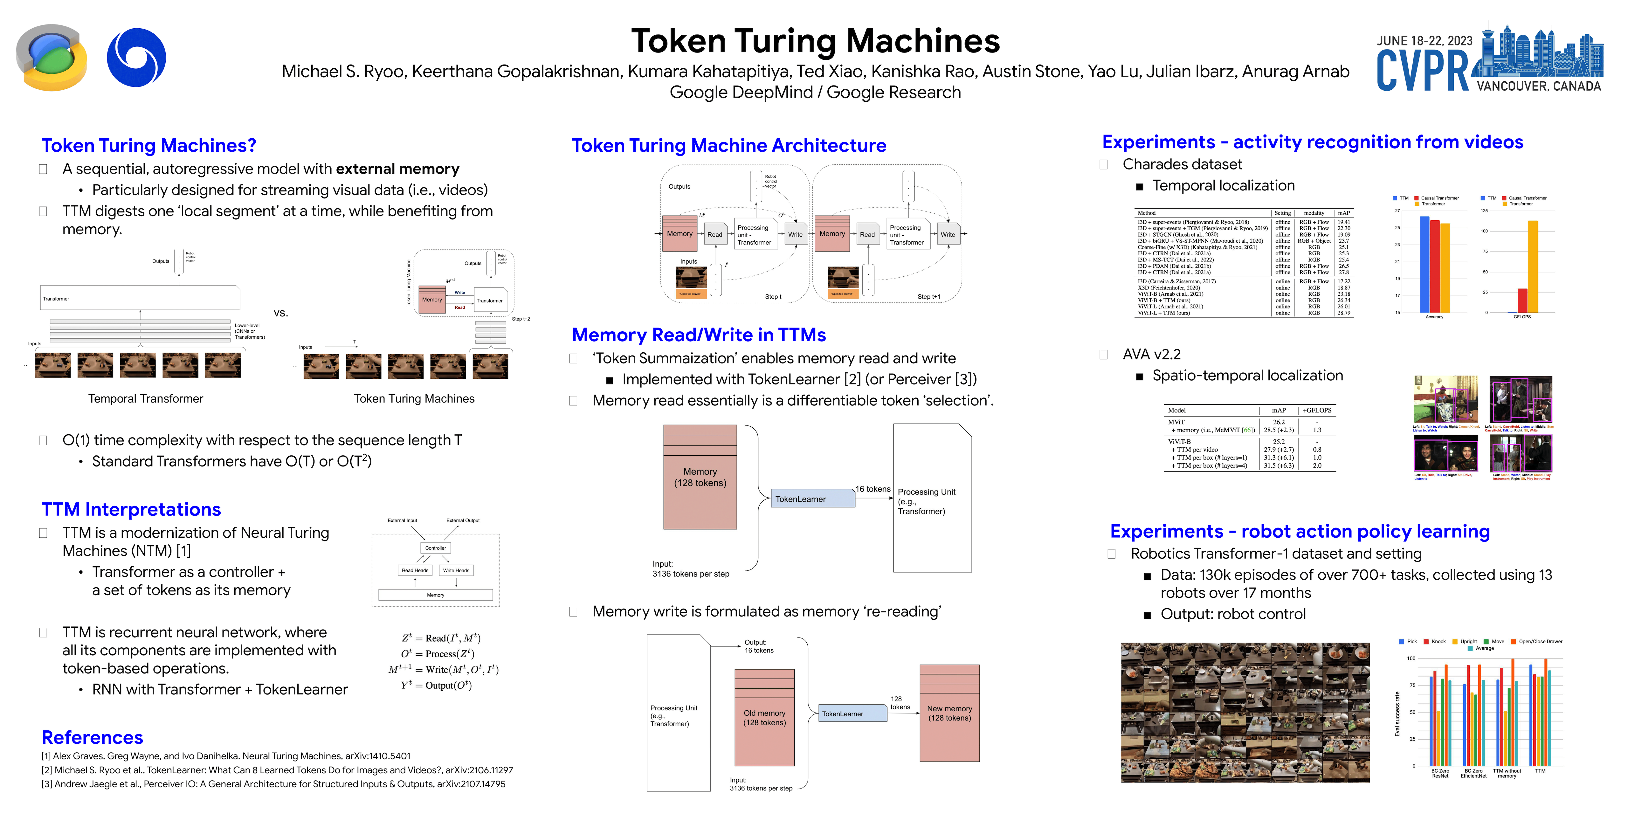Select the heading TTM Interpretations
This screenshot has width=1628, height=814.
pos(131,509)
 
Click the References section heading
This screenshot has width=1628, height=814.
pos(92,738)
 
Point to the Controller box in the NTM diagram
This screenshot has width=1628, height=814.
pos(435,548)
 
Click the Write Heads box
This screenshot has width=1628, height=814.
pos(456,570)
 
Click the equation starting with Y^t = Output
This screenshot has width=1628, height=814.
pos(436,685)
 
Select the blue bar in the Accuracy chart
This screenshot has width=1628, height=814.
pos(1424,264)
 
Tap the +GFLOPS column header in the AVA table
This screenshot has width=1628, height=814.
pos(1317,410)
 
